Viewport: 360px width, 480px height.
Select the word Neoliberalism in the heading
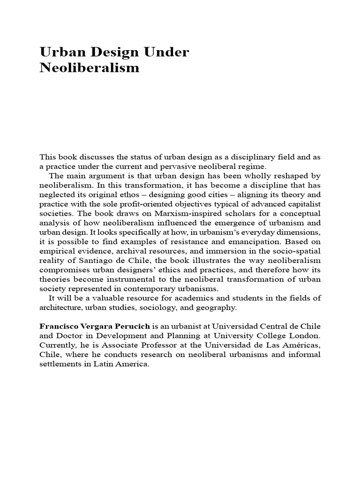[90, 68]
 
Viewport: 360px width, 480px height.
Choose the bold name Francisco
[58, 326]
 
